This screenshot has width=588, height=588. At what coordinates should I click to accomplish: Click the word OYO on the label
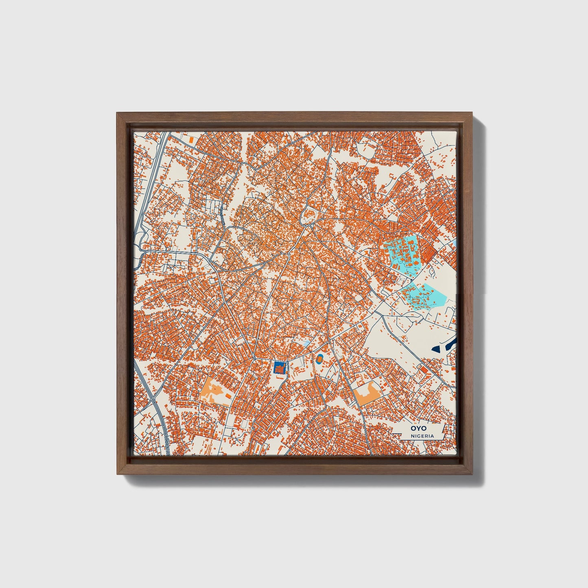point(416,428)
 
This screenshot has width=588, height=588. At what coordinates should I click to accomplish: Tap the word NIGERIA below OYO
point(422,436)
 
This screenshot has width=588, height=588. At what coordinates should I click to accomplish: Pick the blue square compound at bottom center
point(279,367)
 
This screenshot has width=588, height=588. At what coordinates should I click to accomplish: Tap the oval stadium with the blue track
point(320,358)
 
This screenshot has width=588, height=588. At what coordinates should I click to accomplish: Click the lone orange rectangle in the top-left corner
point(191,140)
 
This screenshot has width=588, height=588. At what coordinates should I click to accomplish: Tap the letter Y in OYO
point(416,428)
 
